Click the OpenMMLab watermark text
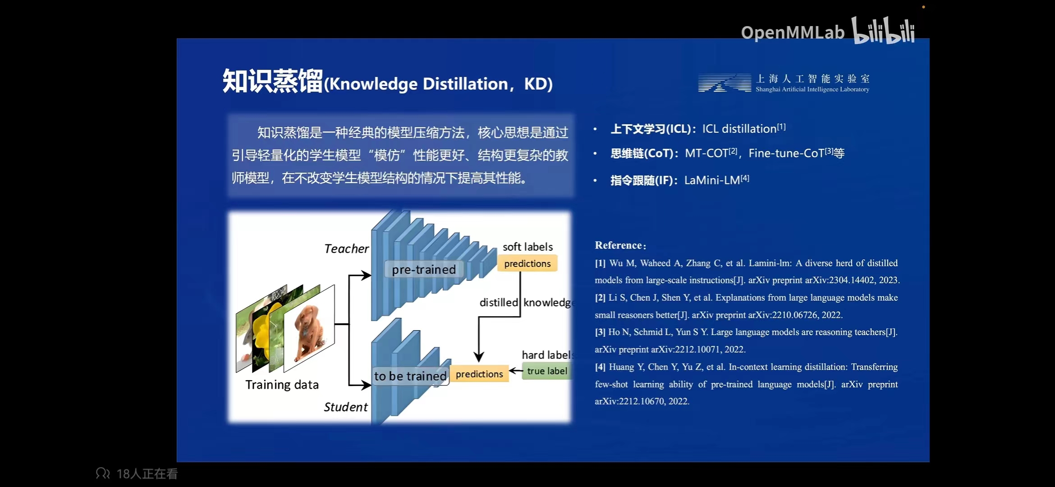click(793, 32)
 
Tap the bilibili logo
click(883, 30)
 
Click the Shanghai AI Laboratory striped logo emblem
click(725, 83)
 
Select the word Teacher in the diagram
click(346, 248)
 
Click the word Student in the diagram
click(345, 407)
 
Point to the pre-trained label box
click(424, 270)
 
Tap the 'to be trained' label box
click(410, 376)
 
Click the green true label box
click(547, 371)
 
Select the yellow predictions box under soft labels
click(527, 263)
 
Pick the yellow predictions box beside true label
click(479, 374)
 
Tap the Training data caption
click(282, 385)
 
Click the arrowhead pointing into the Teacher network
click(366, 275)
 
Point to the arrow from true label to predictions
click(516, 371)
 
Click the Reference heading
click(620, 245)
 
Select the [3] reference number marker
click(600, 332)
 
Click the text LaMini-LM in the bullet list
click(712, 180)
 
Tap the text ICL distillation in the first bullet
click(739, 129)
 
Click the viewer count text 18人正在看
click(147, 473)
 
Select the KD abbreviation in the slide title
click(535, 84)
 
